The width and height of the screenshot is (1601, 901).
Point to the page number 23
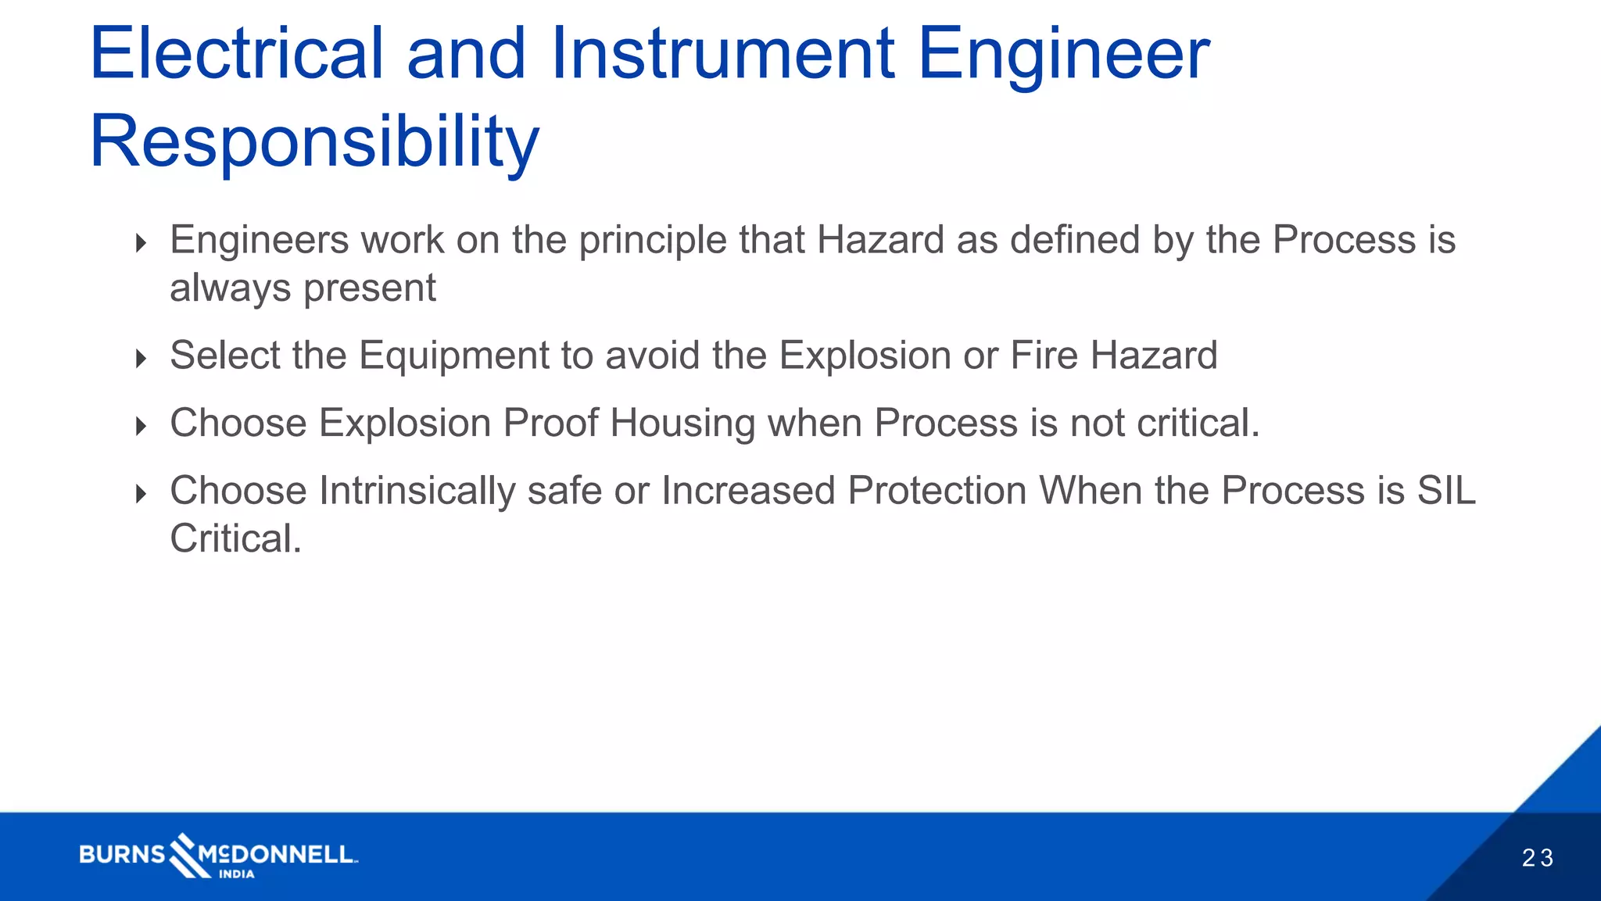[x=1538, y=858]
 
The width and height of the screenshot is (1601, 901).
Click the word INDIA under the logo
[x=236, y=874]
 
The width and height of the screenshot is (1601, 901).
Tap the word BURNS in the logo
[x=122, y=854]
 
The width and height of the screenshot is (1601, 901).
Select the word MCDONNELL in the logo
[x=278, y=854]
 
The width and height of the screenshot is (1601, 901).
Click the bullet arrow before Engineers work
[x=141, y=243]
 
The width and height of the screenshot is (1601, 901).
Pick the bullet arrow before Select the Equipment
[x=141, y=359]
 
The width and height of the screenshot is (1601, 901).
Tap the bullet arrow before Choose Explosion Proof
[x=141, y=426]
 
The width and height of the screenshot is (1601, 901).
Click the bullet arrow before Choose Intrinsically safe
[x=141, y=494]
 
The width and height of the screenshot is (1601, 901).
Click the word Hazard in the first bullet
[x=880, y=240]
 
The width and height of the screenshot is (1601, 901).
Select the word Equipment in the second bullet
[x=454, y=356]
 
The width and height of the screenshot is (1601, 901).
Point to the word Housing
[x=682, y=424]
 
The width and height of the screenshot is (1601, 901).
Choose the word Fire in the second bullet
[x=1044, y=356]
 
